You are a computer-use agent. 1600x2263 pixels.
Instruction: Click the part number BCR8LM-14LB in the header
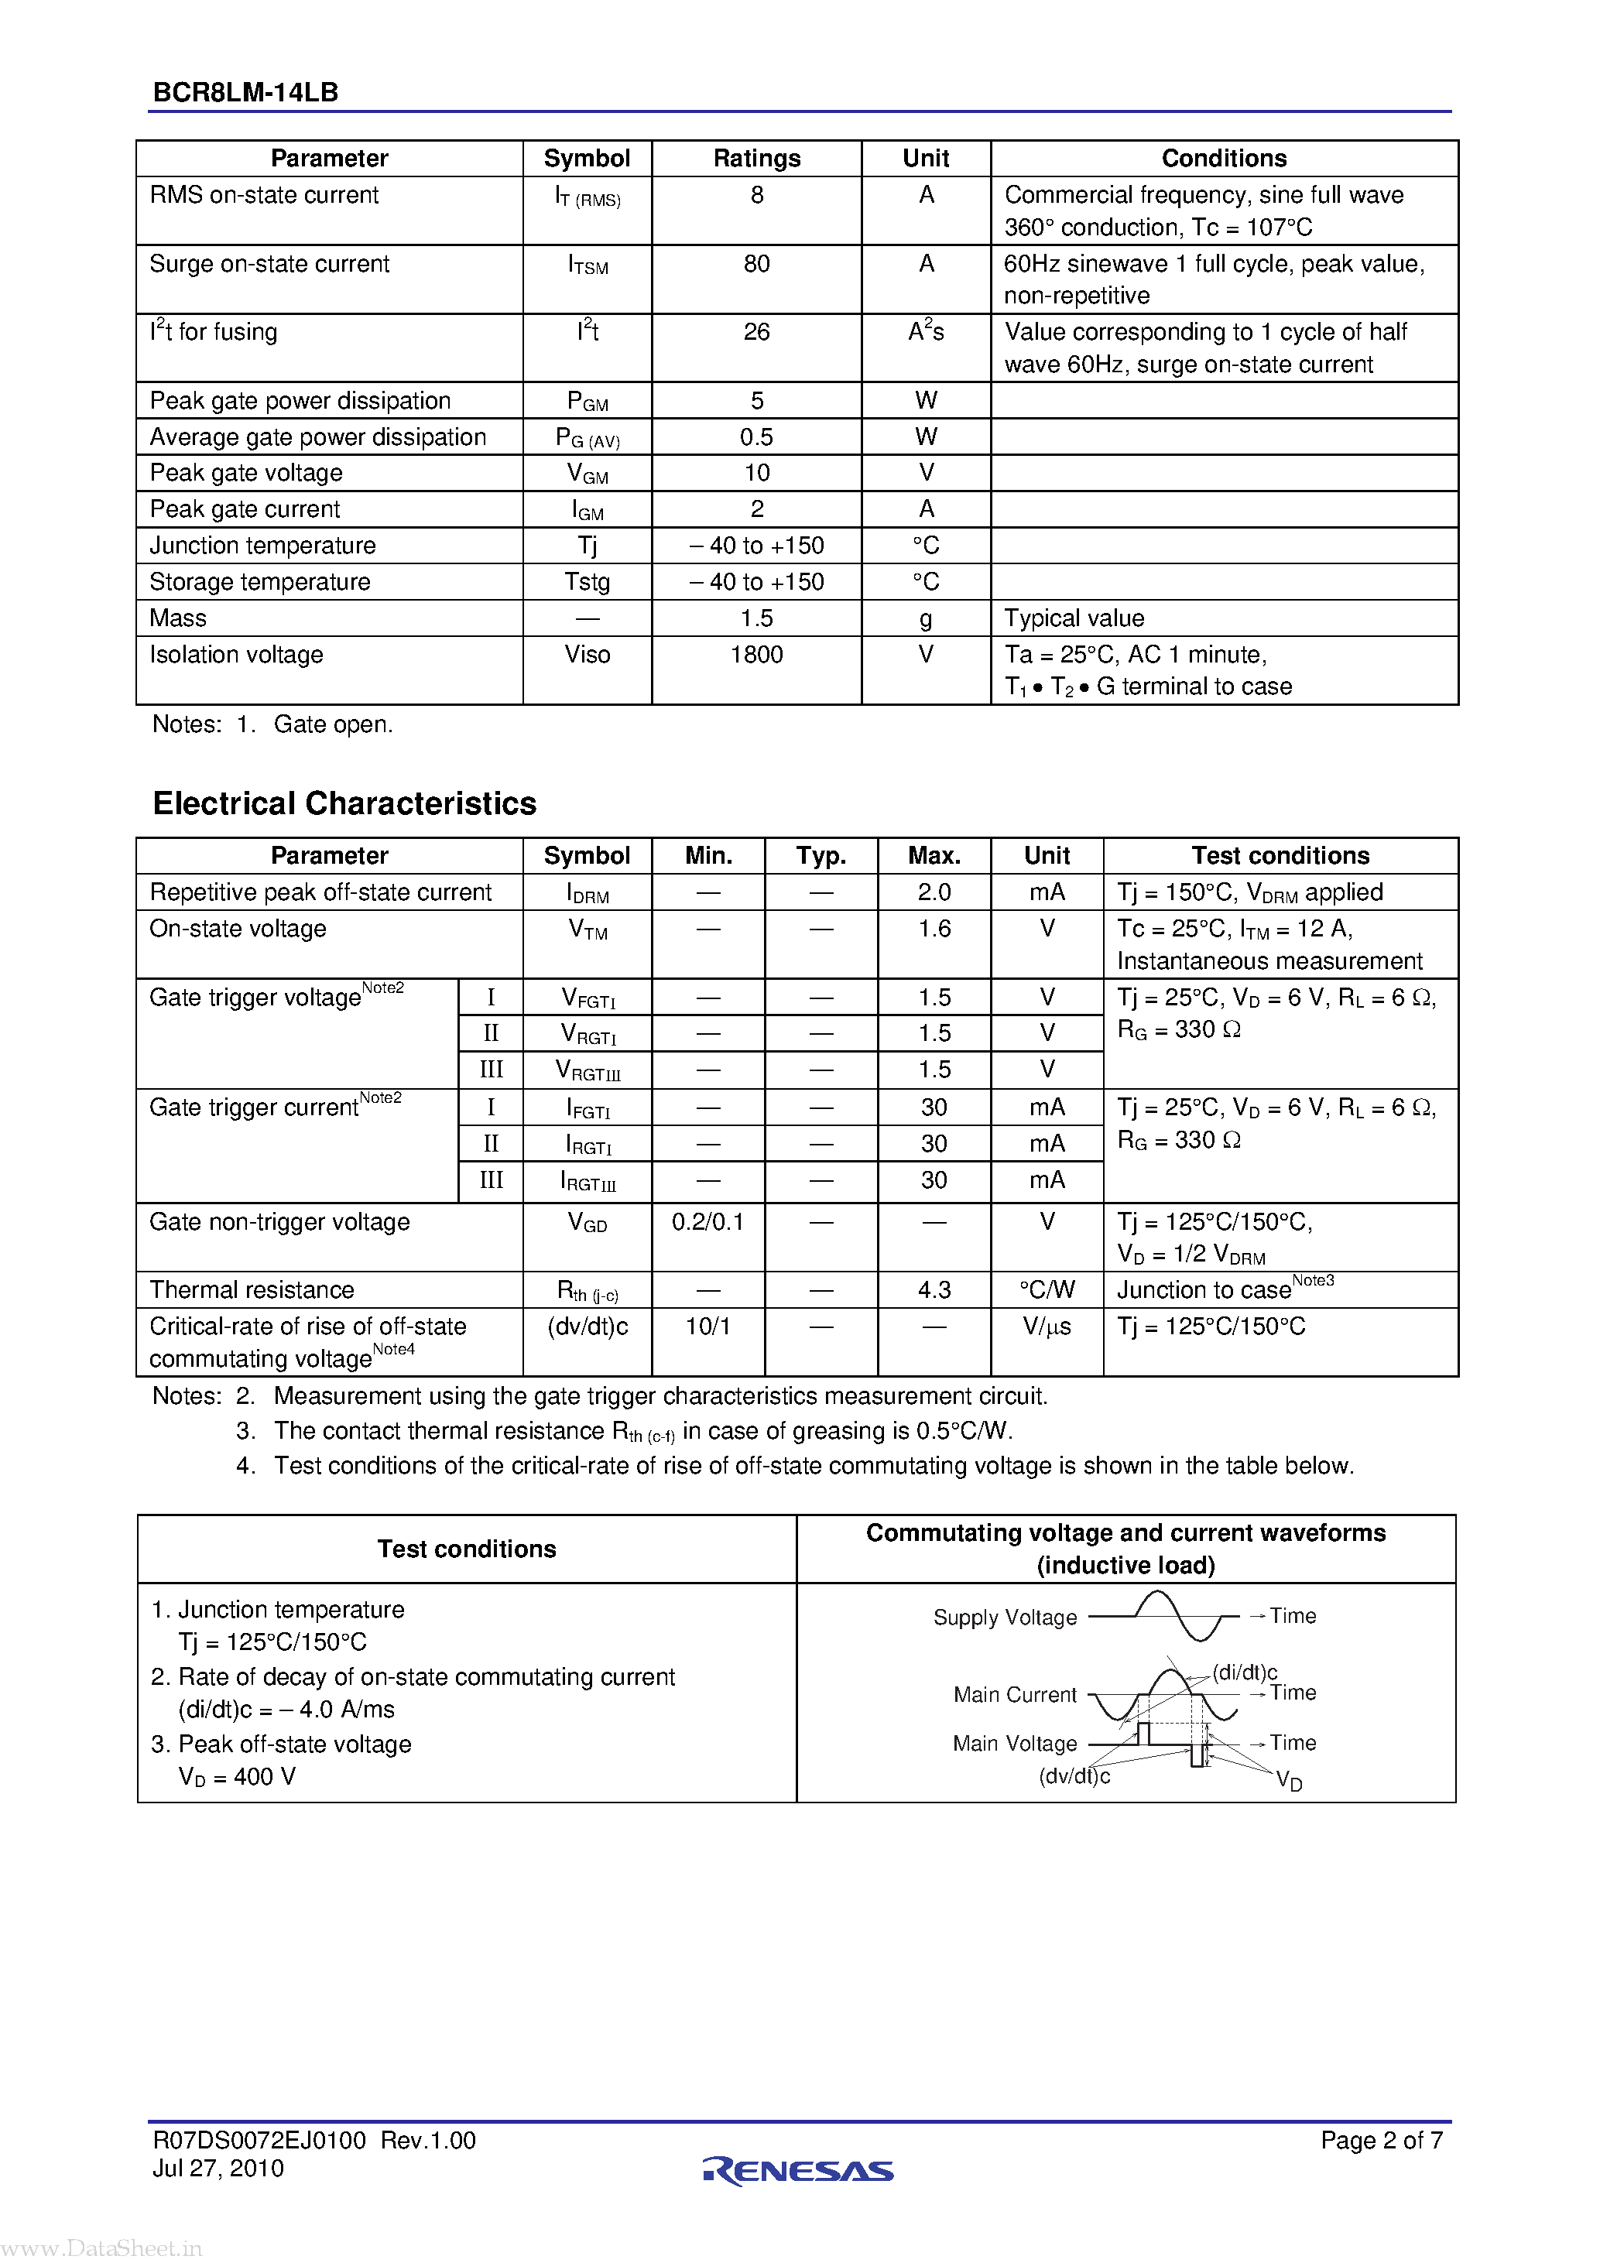[245, 93]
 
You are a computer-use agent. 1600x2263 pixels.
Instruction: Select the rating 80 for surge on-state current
[756, 264]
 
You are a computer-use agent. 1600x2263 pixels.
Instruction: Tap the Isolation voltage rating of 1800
[756, 655]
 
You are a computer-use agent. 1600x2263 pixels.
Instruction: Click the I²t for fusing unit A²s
[926, 331]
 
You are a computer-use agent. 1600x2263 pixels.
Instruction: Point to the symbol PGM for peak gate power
[588, 401]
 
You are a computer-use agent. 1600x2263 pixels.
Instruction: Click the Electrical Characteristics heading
[344, 803]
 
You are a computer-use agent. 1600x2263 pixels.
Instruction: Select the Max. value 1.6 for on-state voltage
[934, 929]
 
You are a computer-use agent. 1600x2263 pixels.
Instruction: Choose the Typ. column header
[821, 855]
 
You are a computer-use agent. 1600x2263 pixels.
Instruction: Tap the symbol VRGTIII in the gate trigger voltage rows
[588, 1070]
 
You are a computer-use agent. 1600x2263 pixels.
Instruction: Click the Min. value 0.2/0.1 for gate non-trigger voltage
[707, 1222]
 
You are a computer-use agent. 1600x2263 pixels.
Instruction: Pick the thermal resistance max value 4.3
[934, 1290]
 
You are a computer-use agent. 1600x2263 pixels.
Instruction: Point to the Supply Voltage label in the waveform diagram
[1005, 1618]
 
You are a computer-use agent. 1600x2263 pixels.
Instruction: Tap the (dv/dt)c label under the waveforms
[1074, 1775]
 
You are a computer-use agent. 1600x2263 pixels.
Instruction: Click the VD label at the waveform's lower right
[1289, 1780]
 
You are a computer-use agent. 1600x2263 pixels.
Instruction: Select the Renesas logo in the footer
[799, 2169]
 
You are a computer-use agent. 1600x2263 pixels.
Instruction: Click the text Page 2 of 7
[1381, 2140]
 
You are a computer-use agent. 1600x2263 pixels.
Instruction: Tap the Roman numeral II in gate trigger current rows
[491, 1143]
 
